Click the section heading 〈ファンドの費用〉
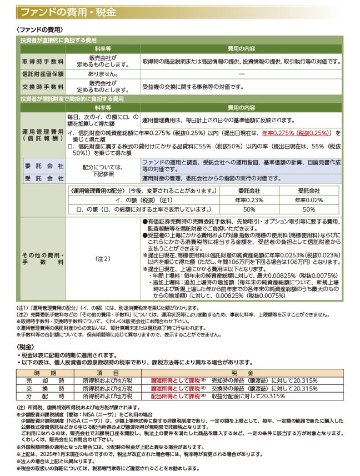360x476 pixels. pos(40,30)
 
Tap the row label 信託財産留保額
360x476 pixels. pos(43,73)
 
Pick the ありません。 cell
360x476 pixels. pos(103,73)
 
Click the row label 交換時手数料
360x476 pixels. pos(43,87)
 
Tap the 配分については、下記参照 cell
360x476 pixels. pos(103,170)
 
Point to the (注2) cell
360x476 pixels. pos(103,259)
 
